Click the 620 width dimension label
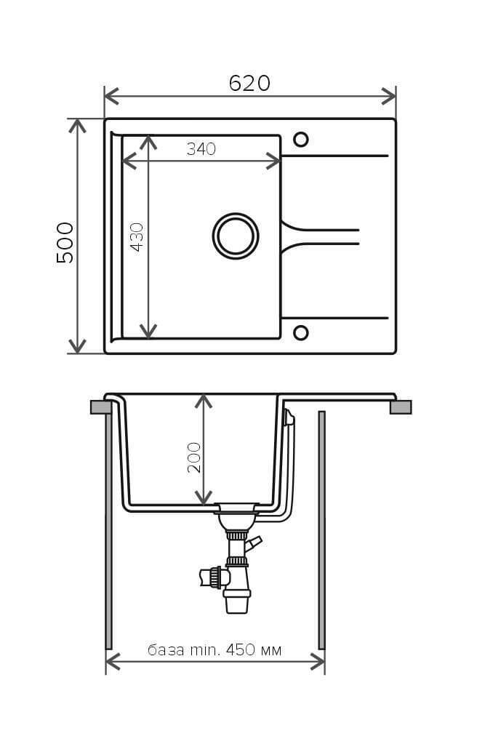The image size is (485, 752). (249, 83)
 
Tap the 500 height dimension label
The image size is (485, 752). (65, 242)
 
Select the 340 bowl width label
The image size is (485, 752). (201, 148)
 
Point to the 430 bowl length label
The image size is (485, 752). (137, 237)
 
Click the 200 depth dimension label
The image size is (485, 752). (194, 457)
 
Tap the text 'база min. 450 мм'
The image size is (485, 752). (215, 650)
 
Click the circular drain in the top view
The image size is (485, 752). (236, 236)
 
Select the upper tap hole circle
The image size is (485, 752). (301, 140)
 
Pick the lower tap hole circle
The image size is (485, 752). (301, 333)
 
